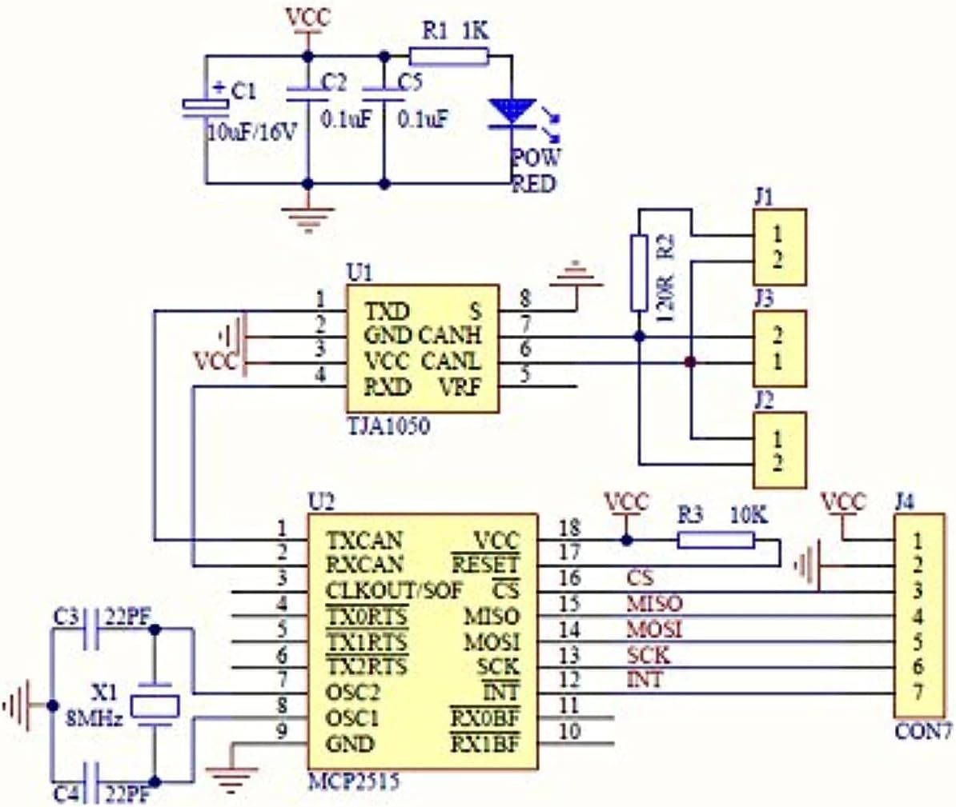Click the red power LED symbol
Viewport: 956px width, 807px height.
tap(511, 112)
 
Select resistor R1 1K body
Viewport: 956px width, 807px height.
tap(448, 55)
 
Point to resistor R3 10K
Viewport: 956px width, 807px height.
tap(716, 541)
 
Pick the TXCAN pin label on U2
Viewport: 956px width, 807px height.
tap(364, 540)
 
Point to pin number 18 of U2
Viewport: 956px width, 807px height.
tap(568, 528)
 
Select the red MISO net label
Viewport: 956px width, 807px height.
tap(654, 603)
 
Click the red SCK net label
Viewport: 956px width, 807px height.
tap(648, 655)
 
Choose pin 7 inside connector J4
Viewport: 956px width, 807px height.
tap(918, 691)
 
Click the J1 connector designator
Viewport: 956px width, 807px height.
tap(764, 196)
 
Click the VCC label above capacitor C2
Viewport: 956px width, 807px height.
tap(307, 18)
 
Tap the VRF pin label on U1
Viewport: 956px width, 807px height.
tap(459, 387)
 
